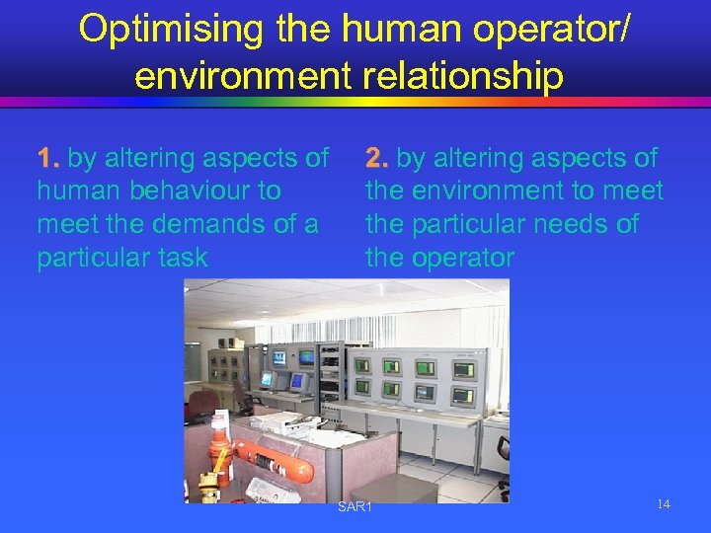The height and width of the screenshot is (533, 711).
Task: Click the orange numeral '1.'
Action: coord(48,158)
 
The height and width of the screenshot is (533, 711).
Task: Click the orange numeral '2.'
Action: coord(377,158)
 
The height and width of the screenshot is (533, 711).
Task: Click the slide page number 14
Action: coord(663,504)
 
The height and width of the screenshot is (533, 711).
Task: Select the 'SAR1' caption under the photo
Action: coord(355,507)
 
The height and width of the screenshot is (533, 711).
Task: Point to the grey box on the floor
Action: coord(396,488)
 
